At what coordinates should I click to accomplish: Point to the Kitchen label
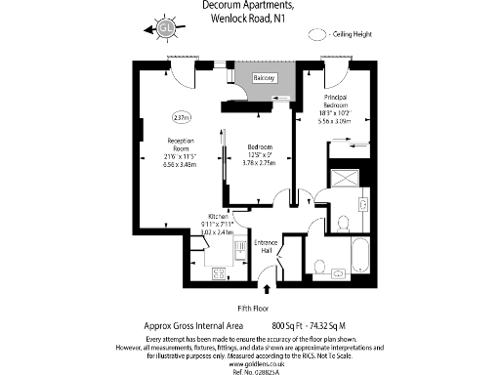click(x=217, y=216)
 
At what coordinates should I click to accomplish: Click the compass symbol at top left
click(x=166, y=29)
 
